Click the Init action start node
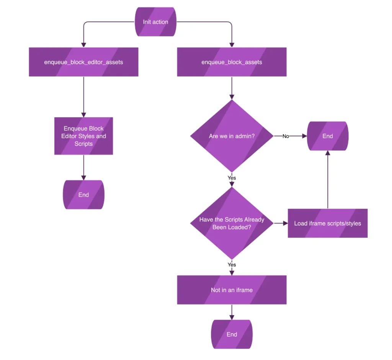tap(155, 22)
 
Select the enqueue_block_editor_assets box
tap(83, 62)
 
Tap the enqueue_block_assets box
tap(232, 62)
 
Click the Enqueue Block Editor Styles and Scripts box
tap(83, 136)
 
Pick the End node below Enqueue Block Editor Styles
tap(83, 195)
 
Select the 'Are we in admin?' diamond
tap(232, 136)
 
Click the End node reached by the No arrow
tap(327, 136)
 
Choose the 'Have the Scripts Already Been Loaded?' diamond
tap(232, 223)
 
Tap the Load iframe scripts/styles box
tap(327, 223)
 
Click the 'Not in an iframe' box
tap(232, 290)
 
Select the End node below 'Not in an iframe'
tap(232, 334)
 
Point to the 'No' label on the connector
tap(286, 136)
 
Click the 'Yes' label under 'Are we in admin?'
tap(232, 178)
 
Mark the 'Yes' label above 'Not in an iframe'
tap(232, 265)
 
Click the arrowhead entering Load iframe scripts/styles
tap(285, 223)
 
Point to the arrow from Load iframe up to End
tap(327, 180)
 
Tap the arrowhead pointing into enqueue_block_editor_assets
tap(83, 45)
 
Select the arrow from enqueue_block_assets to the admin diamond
tap(232, 88)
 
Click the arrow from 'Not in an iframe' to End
tap(232, 312)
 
